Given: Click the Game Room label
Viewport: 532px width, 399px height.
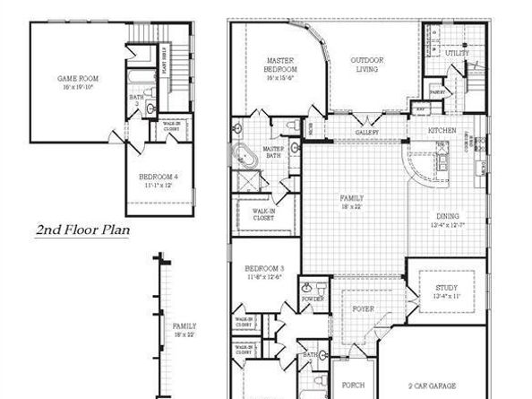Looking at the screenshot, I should [x=78, y=79].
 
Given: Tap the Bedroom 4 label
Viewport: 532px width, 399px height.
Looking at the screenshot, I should [x=158, y=178].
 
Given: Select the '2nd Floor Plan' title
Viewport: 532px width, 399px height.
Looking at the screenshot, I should [x=83, y=230].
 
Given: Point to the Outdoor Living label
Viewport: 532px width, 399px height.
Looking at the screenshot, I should [x=367, y=65].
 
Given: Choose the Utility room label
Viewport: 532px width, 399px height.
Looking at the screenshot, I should [x=457, y=54].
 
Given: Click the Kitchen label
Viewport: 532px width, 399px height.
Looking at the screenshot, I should [x=442, y=131].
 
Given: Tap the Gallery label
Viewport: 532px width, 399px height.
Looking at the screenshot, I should [x=368, y=131].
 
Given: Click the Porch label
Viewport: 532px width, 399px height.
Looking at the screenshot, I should [x=354, y=386].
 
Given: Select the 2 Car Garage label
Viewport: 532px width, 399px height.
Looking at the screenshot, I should [x=434, y=386].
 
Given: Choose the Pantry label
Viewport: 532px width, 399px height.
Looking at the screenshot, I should [x=437, y=91].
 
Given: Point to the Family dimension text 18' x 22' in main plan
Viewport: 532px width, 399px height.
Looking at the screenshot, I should [x=351, y=206].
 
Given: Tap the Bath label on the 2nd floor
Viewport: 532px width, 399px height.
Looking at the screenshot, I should [x=136, y=97].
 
